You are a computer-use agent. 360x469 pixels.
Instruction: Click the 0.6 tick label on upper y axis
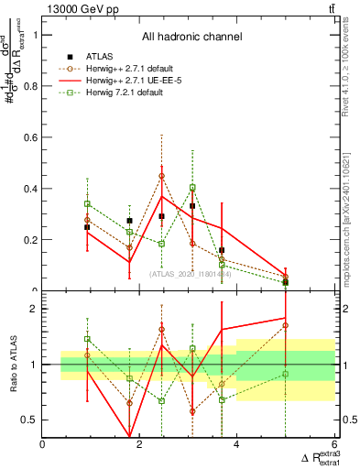coord(32,137)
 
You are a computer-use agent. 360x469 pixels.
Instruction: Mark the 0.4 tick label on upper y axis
coord(32,189)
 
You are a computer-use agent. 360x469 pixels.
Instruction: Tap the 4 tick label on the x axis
coord(236,444)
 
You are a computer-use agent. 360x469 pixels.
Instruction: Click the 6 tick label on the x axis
coord(333,444)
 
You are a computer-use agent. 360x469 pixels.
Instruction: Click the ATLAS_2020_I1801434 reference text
coord(189,273)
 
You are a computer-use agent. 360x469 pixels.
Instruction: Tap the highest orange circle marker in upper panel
coord(162,176)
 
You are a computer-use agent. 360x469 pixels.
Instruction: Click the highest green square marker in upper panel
coord(192,188)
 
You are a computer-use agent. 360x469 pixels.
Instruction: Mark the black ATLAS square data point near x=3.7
coord(222,250)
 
